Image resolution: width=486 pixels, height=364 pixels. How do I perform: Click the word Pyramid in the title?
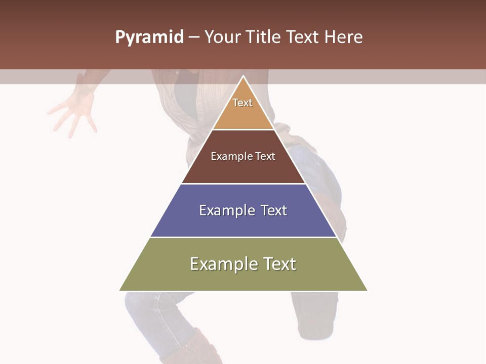149,37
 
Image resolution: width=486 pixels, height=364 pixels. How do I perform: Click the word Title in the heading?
264,37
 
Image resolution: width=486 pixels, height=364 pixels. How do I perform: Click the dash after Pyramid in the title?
194,37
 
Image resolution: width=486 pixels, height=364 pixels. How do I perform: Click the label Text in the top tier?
242,103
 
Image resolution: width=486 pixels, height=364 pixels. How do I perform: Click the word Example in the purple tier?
226,210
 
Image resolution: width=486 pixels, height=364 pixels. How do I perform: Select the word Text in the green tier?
279,264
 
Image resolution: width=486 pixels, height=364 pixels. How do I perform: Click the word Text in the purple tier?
273,210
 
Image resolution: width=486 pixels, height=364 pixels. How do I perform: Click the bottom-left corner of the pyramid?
120,290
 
